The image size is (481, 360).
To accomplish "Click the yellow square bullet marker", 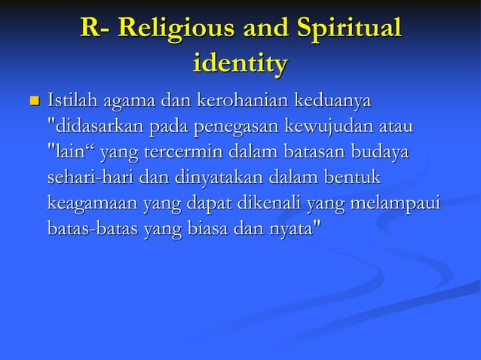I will pos(32,100).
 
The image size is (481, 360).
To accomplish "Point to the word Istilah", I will pos(72,100).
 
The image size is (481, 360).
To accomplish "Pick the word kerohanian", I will pos(244,100).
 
